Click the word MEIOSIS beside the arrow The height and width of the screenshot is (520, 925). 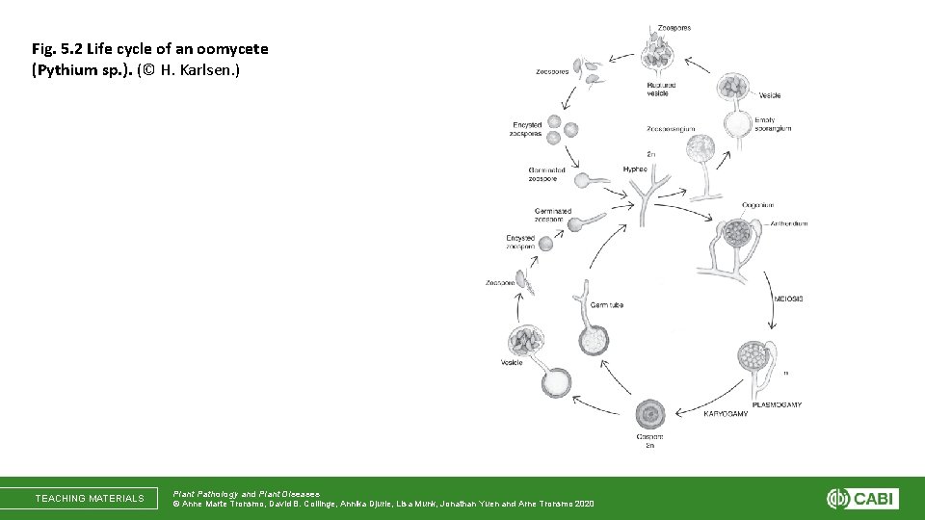click(789, 299)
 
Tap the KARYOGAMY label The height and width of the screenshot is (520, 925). click(725, 413)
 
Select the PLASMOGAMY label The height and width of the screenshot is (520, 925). click(780, 404)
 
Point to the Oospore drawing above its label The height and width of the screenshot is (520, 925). click(650, 414)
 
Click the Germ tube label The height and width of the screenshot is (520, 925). click(607, 305)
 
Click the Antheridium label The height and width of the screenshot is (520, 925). click(789, 223)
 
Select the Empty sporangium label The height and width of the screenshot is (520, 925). click(772, 124)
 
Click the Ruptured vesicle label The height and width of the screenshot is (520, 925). click(661, 89)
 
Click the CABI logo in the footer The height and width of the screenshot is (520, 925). click(862, 499)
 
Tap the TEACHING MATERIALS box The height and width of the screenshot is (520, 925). click(90, 499)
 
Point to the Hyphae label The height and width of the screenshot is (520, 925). click(635, 169)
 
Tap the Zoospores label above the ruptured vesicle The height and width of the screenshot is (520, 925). click(674, 28)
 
